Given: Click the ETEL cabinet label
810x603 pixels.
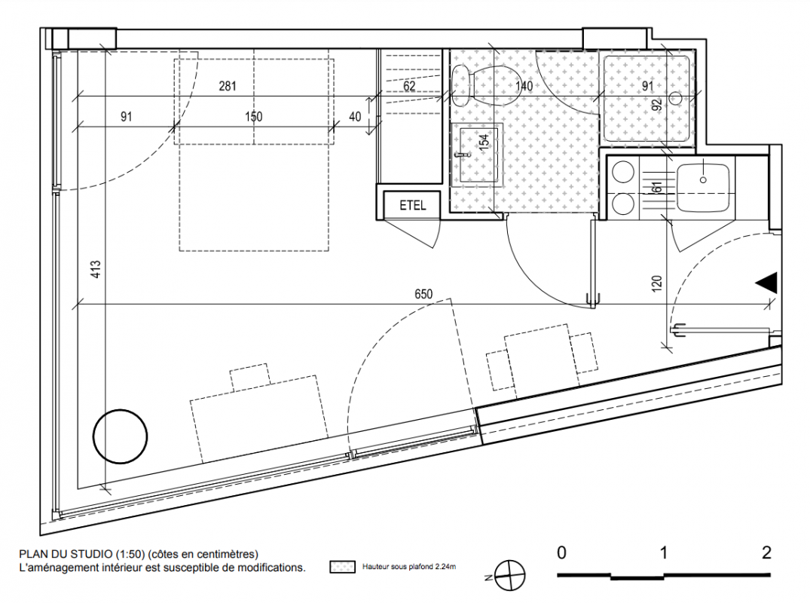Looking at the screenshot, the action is coord(413,205).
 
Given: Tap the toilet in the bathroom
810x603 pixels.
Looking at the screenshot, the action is coord(486,85).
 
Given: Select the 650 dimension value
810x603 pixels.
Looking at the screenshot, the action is coord(423,294).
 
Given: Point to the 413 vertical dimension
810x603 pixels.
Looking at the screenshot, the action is coord(96,269).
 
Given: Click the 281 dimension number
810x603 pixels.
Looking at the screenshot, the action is coord(228,86).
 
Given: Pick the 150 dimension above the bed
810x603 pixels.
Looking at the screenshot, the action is coord(254,117).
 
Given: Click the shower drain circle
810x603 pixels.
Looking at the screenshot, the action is coord(676,96).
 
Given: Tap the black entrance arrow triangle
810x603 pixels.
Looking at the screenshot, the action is coord(766,283).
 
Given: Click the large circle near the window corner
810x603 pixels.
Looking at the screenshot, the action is coord(120,436).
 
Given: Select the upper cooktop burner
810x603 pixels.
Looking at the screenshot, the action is coord(623,173).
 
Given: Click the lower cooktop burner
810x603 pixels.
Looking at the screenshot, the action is coord(623,204).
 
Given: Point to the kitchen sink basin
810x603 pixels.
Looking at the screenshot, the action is coord(702,188).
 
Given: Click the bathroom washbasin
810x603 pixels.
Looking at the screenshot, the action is coord(476,154).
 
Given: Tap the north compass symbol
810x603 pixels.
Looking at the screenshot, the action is coord(510,575).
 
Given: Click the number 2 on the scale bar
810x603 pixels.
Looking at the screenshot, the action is coord(766,552).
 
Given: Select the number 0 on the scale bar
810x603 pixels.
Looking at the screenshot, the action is coord(561,552).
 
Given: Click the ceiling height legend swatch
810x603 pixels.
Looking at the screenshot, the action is coord(343,567).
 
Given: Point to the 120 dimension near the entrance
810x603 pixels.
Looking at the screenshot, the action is coord(656,283).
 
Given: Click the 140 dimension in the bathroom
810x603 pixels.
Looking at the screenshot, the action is coord(524,86).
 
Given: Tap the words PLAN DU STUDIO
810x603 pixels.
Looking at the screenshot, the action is coord(66,554).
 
